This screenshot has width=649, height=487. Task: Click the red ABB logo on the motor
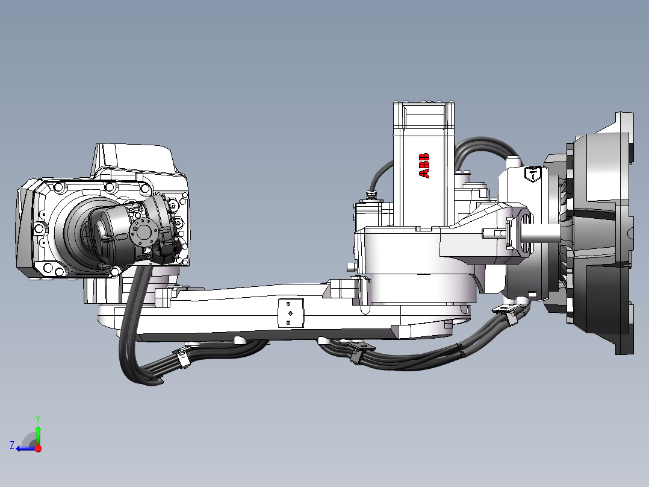[x=424, y=166]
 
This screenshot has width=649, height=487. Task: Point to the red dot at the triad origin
[x=38, y=448]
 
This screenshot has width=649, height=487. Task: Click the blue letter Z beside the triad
[x=11, y=445]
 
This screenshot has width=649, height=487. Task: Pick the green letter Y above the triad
[x=37, y=418]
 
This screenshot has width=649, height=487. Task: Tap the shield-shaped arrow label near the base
[x=533, y=174]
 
